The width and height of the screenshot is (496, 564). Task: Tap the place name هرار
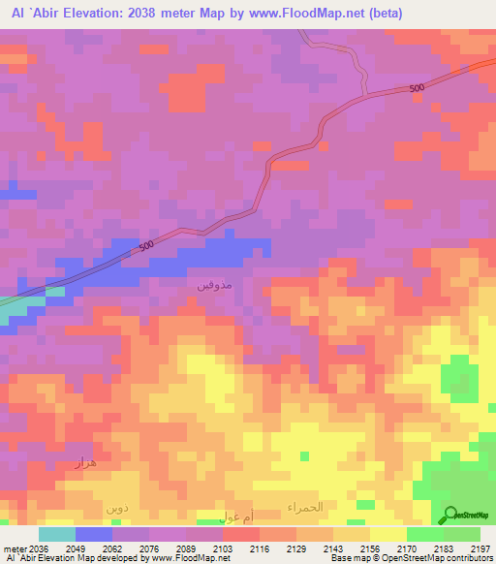[84, 463]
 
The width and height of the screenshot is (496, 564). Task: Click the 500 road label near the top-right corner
[416, 89]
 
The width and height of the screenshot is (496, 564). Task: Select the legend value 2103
[223, 548]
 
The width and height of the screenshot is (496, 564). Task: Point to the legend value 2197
[480, 548]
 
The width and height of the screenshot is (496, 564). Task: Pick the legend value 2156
[370, 548]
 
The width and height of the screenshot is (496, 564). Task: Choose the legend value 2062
[112, 548]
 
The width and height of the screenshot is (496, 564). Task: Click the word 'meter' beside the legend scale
[15, 548]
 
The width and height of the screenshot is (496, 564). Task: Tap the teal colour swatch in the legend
[56, 534]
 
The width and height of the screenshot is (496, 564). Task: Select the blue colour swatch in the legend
[93, 534]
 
